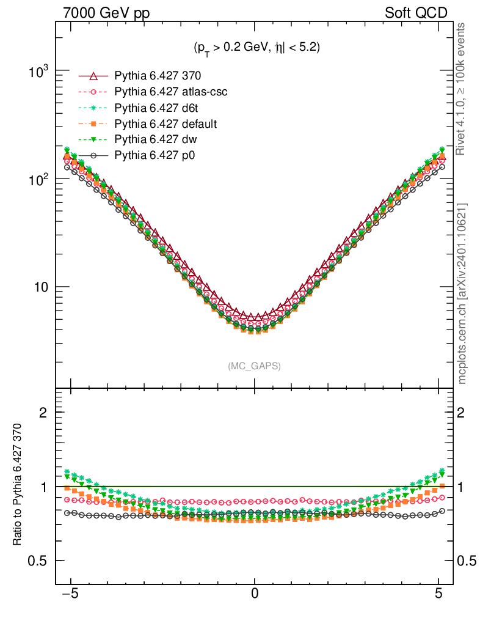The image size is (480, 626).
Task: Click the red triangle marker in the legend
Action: [x=93, y=76]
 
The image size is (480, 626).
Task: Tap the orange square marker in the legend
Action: [x=93, y=124]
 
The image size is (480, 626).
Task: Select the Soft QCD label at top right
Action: [x=416, y=13]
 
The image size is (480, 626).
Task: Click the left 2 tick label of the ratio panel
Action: [x=43, y=412]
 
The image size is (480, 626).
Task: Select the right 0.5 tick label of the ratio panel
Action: [x=468, y=561]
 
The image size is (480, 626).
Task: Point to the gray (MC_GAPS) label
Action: [x=254, y=366]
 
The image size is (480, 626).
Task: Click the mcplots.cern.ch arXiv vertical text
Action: [x=462, y=293]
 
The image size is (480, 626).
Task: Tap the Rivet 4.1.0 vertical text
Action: [x=462, y=89]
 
